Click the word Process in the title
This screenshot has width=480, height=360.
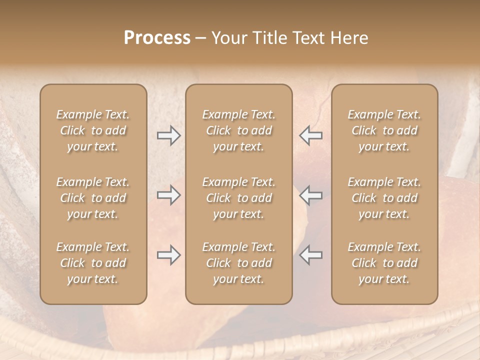click(x=157, y=38)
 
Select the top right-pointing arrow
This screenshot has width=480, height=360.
click(x=168, y=135)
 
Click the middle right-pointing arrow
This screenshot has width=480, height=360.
click(x=168, y=195)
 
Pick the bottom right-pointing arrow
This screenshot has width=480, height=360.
click(x=168, y=255)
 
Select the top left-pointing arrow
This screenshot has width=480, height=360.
click(x=311, y=135)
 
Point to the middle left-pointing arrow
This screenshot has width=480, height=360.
click(x=311, y=195)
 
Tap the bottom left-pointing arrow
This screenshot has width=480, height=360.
click(x=311, y=255)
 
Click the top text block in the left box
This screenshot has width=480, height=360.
click(x=93, y=130)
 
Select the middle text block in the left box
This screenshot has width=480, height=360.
click(x=93, y=198)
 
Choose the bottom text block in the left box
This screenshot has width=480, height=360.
click(x=93, y=263)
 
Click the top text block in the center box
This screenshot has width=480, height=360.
click(x=238, y=130)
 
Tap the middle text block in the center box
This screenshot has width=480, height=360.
click(x=238, y=198)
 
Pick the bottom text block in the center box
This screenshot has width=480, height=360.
click(x=238, y=263)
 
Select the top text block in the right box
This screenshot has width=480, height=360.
click(x=384, y=130)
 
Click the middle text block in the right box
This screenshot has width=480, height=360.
click(x=384, y=198)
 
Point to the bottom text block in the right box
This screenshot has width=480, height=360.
click(x=384, y=263)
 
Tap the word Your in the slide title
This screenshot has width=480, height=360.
click(x=229, y=38)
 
